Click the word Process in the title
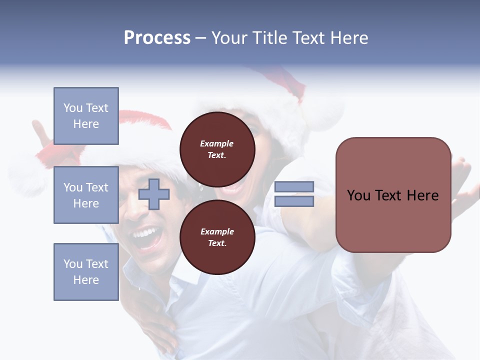tap(157, 38)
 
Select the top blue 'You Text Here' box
tap(86, 116)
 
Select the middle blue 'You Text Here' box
tap(86, 195)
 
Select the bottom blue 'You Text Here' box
tap(86, 272)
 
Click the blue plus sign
tap(154, 194)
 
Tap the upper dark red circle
tap(217, 149)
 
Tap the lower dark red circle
tap(217, 237)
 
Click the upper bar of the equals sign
tap(294, 187)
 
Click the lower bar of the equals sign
tap(294, 201)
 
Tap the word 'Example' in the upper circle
tap(216, 143)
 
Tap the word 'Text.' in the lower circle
tap(217, 243)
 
